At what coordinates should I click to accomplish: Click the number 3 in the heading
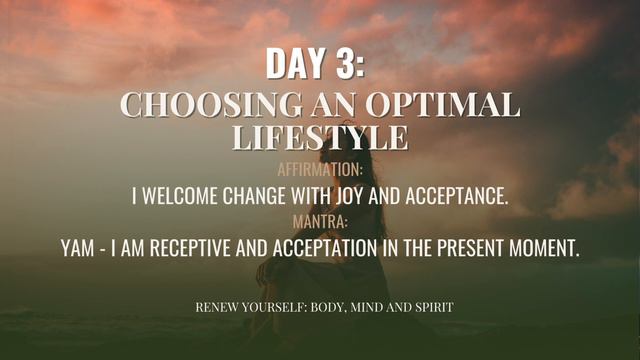pyautogui.click(x=344, y=63)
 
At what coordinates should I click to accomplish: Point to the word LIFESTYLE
pyautogui.click(x=320, y=137)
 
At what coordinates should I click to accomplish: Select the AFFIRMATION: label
pyautogui.click(x=320, y=171)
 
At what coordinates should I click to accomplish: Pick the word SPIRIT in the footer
pyautogui.click(x=432, y=307)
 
